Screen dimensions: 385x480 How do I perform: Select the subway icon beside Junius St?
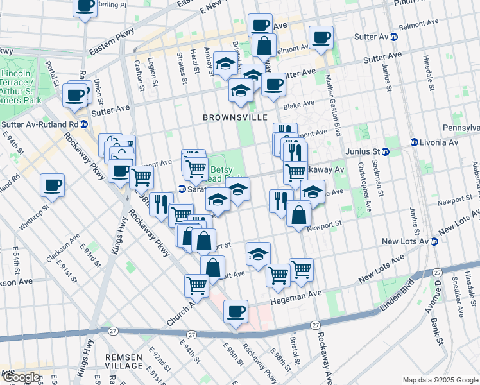386,152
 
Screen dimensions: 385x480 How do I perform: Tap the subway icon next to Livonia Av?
415,142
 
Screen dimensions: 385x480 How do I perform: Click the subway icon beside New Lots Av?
434,241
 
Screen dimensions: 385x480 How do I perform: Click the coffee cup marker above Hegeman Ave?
236,311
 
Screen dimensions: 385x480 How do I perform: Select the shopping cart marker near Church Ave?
196,284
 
